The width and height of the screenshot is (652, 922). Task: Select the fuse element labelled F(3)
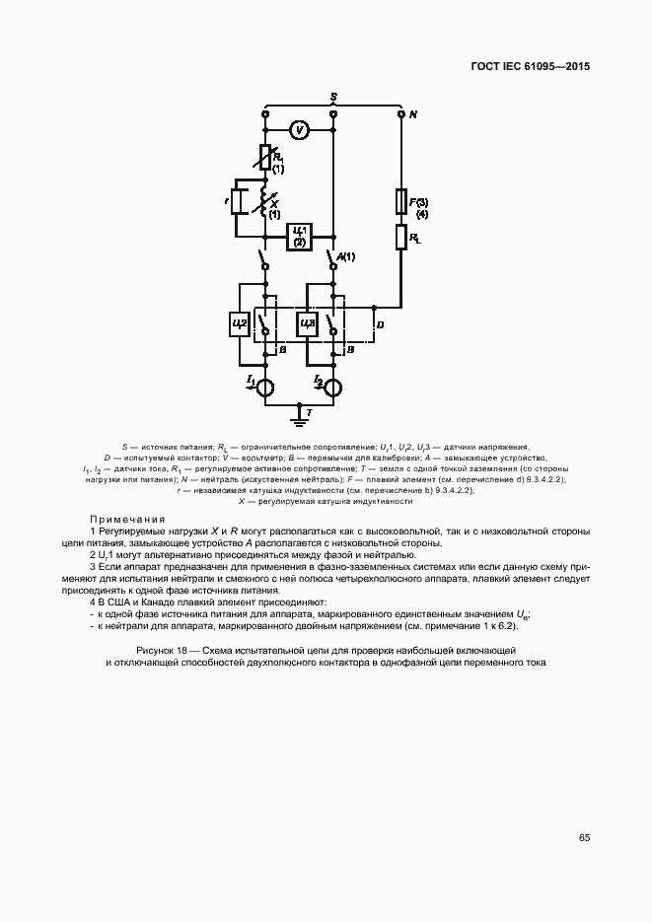pyautogui.click(x=401, y=202)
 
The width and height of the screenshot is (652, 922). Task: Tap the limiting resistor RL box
pyautogui.click(x=401, y=238)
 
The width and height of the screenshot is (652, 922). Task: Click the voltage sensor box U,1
pyautogui.click(x=300, y=236)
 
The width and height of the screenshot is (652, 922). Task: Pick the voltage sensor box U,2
pyautogui.click(x=240, y=322)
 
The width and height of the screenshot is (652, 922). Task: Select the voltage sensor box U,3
pyautogui.click(x=307, y=322)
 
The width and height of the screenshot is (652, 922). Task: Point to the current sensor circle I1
pyautogui.click(x=265, y=387)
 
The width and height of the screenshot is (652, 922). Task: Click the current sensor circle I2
pyautogui.click(x=332, y=387)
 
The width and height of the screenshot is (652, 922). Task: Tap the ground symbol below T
pyautogui.click(x=298, y=422)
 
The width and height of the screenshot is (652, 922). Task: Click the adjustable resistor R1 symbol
pyautogui.click(x=265, y=158)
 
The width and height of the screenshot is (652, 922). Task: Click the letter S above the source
pyautogui.click(x=334, y=96)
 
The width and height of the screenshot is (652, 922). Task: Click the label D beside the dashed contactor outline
pyautogui.click(x=380, y=323)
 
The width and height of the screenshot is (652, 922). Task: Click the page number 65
pyautogui.click(x=584, y=837)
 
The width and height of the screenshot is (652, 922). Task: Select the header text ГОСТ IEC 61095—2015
pyautogui.click(x=532, y=68)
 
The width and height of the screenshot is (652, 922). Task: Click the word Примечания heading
pyautogui.click(x=127, y=519)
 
